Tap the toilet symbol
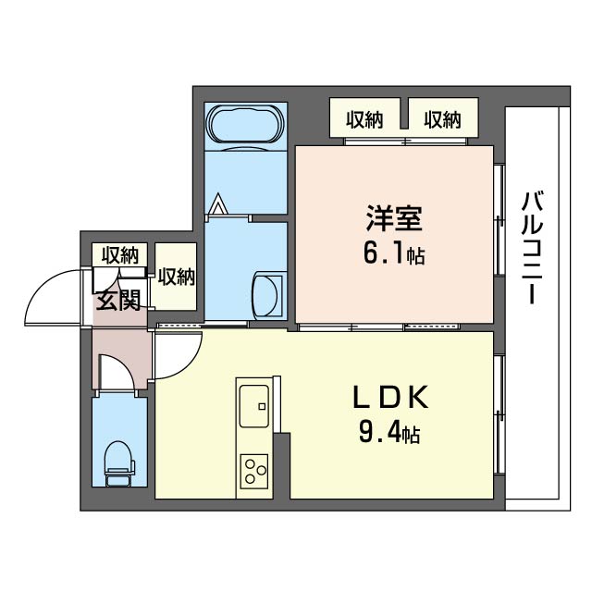tap(119, 462)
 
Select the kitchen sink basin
tap(254, 406)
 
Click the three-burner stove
tap(254, 472)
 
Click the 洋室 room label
tap(394, 218)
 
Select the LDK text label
tap(390, 397)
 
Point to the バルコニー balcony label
tap(532, 248)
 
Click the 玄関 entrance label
tap(118, 301)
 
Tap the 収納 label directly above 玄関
tap(120, 255)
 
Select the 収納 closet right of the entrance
tap(177, 277)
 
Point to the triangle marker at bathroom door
tap(218, 204)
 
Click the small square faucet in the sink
tap(262, 406)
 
